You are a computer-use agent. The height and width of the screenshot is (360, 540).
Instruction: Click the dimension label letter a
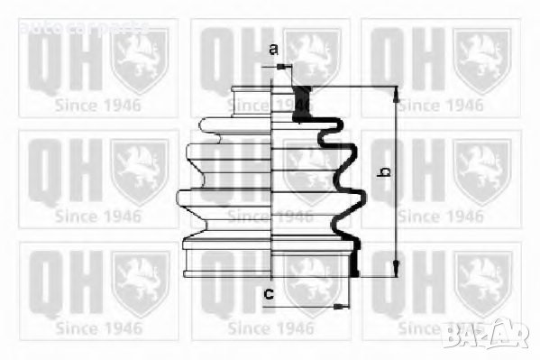coord(273,51)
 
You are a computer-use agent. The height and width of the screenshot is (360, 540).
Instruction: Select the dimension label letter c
coord(268,292)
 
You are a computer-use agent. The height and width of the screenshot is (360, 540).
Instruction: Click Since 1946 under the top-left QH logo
coord(98,105)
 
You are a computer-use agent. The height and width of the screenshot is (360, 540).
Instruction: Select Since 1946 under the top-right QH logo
coord(441,105)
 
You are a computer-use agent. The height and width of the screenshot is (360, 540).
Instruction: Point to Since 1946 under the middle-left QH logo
coord(98,216)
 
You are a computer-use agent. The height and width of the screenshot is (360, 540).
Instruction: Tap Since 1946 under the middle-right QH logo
coord(441,216)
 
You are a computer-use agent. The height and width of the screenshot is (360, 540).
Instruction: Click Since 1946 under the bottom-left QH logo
coord(98,327)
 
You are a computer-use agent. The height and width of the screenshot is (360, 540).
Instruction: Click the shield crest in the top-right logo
coord(481,60)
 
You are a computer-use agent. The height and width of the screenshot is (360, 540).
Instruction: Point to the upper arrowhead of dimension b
coord(395,90)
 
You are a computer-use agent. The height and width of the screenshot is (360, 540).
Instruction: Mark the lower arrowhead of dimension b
coord(395,272)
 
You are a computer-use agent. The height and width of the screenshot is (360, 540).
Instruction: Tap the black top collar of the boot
coord(302,99)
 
